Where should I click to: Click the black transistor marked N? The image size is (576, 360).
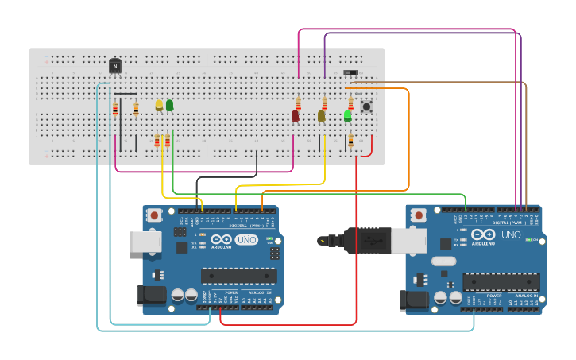tap(115, 67)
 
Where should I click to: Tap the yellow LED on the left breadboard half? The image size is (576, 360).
tap(159, 105)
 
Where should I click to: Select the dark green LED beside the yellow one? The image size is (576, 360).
tap(169, 105)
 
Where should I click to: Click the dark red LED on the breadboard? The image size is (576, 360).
tap(295, 116)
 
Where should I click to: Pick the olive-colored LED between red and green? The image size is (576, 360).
tap(321, 116)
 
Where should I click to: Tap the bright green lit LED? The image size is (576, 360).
tap(347, 116)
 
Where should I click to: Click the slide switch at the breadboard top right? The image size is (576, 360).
tap(350, 73)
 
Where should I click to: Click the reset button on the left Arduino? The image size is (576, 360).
tap(154, 215)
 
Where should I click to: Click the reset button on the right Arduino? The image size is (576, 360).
tap(418, 213)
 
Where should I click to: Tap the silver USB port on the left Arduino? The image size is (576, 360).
tap(145, 242)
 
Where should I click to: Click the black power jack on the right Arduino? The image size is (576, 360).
tap(414, 300)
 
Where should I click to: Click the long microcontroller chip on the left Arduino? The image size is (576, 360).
tap(238, 276)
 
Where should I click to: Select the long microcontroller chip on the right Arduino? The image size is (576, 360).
tap(501, 281)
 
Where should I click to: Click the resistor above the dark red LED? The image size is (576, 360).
tap(298, 103)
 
